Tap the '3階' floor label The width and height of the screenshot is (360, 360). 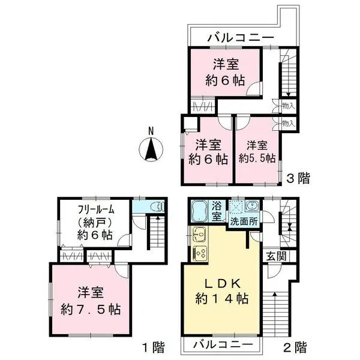click(298, 178)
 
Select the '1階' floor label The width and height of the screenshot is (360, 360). click(149, 346)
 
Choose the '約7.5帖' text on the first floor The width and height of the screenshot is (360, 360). click(91, 310)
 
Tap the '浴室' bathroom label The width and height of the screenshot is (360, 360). click(217, 211)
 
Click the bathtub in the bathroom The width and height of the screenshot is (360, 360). click(200, 211)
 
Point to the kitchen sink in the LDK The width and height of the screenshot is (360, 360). click(200, 235)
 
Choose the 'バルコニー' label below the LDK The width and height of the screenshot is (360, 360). click(221, 346)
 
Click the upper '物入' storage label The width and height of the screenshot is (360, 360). click(287, 106)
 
